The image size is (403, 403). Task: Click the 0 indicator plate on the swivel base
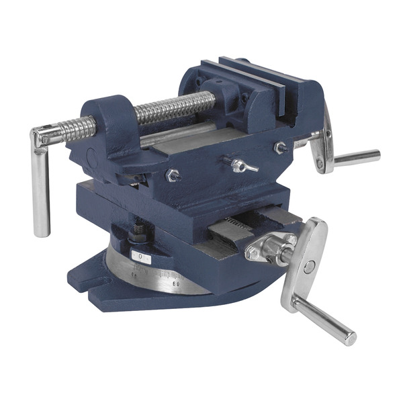coord(140,256)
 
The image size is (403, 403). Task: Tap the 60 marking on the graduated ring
coord(177,284)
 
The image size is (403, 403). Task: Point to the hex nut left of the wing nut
coord(173,175)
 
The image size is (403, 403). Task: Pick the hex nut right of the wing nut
coord(279,148)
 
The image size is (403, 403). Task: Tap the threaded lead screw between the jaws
coord(176,107)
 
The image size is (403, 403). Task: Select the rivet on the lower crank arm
coord(309,267)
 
